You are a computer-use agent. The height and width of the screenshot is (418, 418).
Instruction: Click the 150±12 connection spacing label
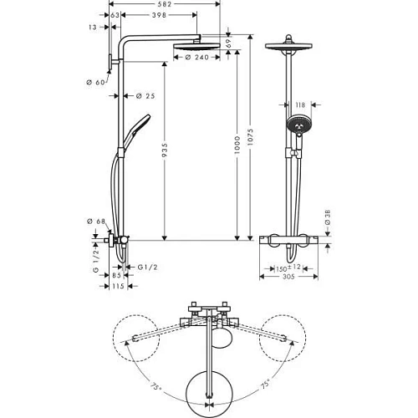tap(288, 268)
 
